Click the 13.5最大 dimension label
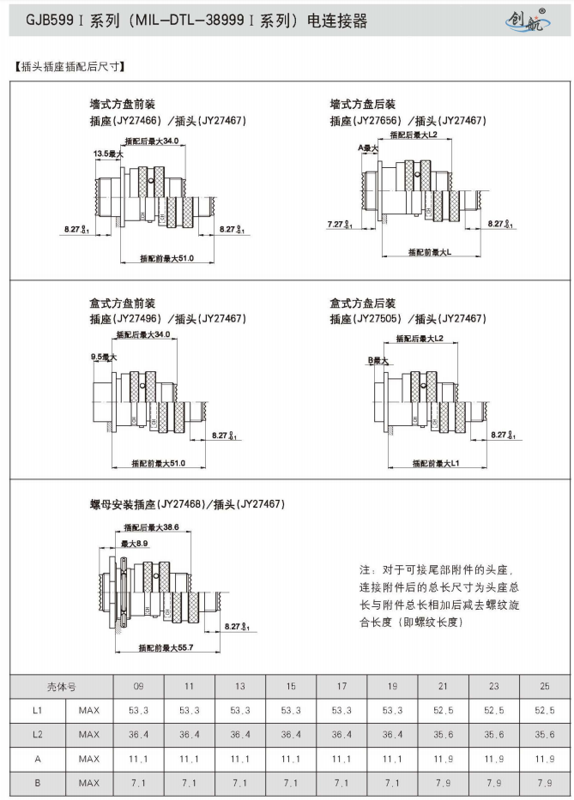pos(108,153)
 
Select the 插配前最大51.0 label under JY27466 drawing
pos(166,258)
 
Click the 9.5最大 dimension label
pos(103,356)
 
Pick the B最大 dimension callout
pos(378,360)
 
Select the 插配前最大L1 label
pos(436,463)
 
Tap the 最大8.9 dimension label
pos(135,544)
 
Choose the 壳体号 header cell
pos(62,687)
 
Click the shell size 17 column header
pos(341,687)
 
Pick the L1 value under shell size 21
pos(444,711)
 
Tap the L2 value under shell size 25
pos(545,735)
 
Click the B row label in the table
pos(37,783)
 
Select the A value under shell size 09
pos(138,759)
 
